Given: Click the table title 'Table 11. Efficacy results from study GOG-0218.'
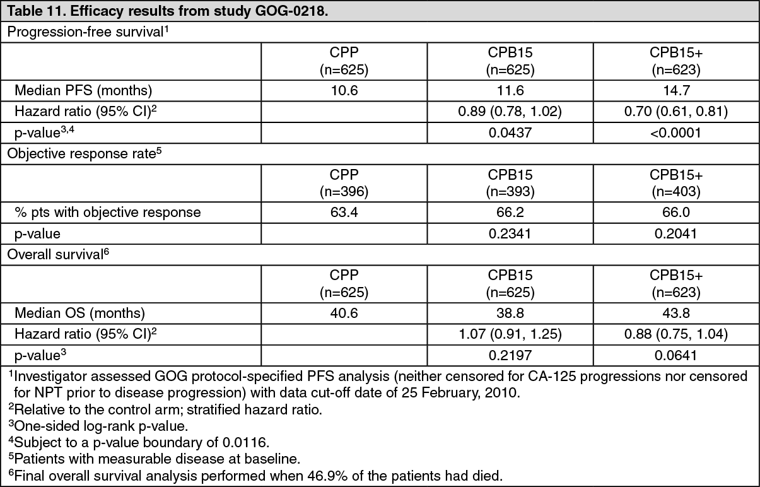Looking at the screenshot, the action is (168, 11).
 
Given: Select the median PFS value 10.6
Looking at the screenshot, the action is (344, 91).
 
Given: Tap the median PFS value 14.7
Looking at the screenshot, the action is (676, 91).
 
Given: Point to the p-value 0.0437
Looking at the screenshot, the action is (510, 132).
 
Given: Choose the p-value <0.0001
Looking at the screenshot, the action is (675, 132).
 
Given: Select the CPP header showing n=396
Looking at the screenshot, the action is (344, 183).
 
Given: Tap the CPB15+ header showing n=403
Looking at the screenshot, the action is (676, 183).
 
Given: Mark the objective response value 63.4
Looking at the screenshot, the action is (344, 213).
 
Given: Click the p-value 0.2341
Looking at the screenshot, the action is (510, 233).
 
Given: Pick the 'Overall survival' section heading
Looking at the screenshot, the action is (58, 254).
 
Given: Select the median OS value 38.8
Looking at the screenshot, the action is (510, 313).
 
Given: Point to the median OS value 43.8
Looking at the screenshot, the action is (676, 313).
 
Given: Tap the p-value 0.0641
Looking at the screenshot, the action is (675, 355).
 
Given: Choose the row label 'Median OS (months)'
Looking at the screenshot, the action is (79, 314).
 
